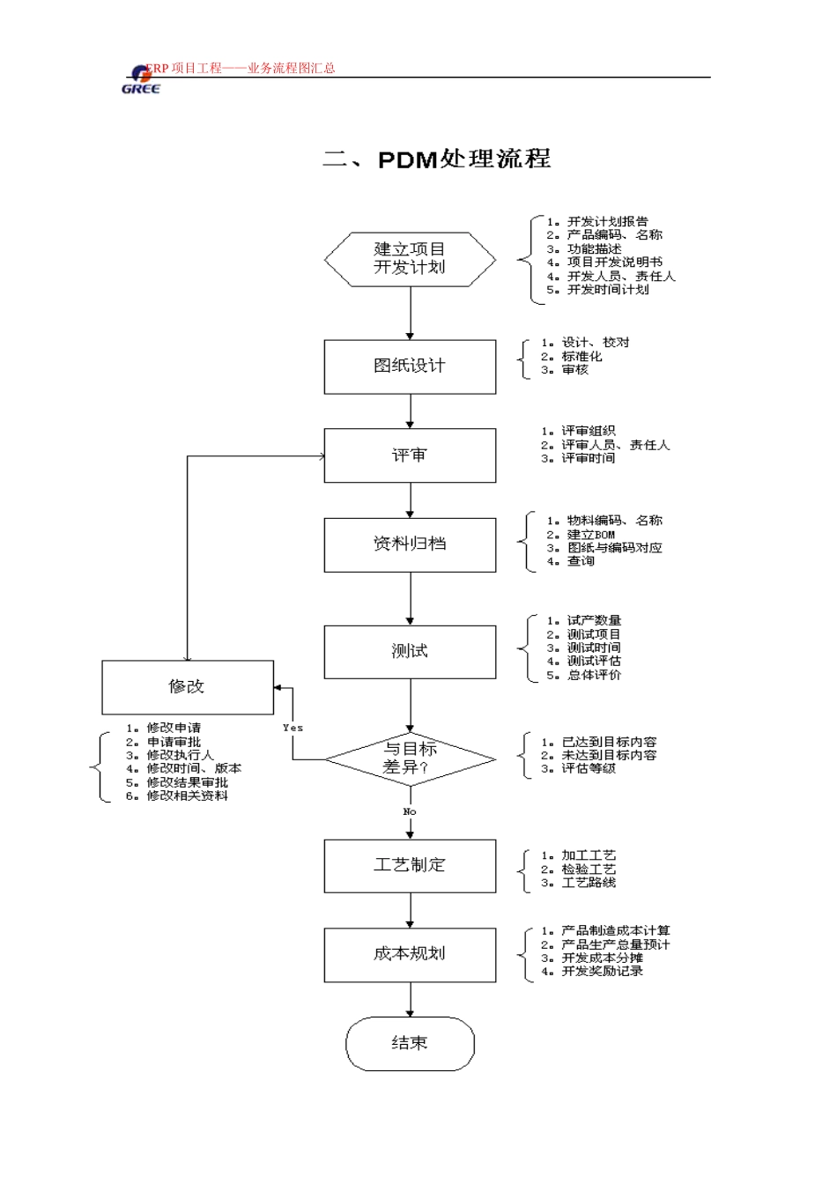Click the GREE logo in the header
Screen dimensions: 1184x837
[x=140, y=79]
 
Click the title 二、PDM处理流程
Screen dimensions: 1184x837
[x=436, y=159]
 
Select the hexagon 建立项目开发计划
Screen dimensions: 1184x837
[x=410, y=259]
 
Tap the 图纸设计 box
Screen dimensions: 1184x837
[x=410, y=366]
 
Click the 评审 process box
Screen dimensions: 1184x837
[x=410, y=455]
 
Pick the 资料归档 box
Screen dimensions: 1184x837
[x=410, y=544]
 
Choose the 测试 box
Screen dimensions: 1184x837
[x=410, y=652]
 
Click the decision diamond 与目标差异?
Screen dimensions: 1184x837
[x=410, y=758]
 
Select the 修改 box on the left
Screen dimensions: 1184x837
[x=188, y=687]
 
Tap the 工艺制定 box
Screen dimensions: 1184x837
[x=410, y=866]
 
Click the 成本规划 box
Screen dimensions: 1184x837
[x=410, y=955]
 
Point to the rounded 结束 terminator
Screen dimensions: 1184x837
[x=410, y=1044]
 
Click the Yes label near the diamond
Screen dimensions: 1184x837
[x=293, y=728]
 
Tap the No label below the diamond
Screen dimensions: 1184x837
[x=410, y=812]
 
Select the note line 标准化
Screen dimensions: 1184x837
[x=581, y=357]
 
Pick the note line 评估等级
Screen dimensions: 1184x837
[x=589, y=769]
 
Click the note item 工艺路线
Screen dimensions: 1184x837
[x=589, y=883]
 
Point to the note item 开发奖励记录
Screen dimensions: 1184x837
[x=602, y=972]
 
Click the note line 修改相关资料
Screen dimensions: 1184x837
[x=187, y=796]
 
